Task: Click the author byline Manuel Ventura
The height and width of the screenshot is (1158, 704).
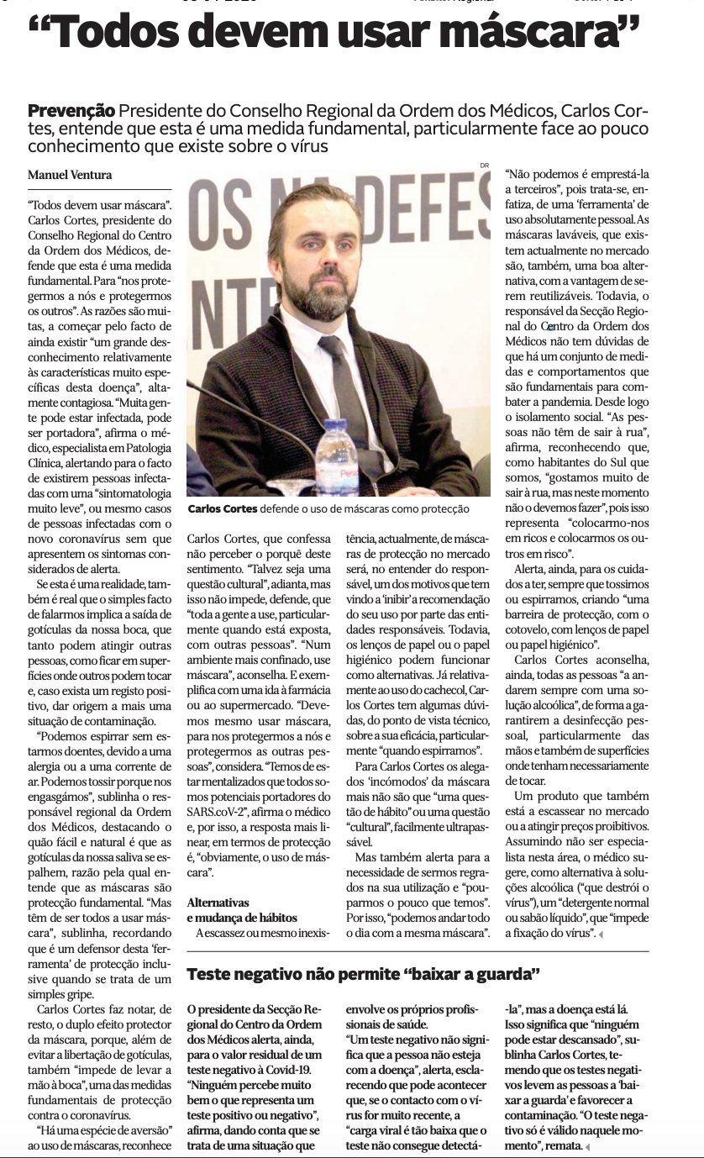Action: [71, 175]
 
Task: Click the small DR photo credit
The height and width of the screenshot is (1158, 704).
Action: [483, 165]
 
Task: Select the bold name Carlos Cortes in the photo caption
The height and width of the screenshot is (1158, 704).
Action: [223, 509]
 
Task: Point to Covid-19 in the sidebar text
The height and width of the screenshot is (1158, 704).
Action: [287, 1070]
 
